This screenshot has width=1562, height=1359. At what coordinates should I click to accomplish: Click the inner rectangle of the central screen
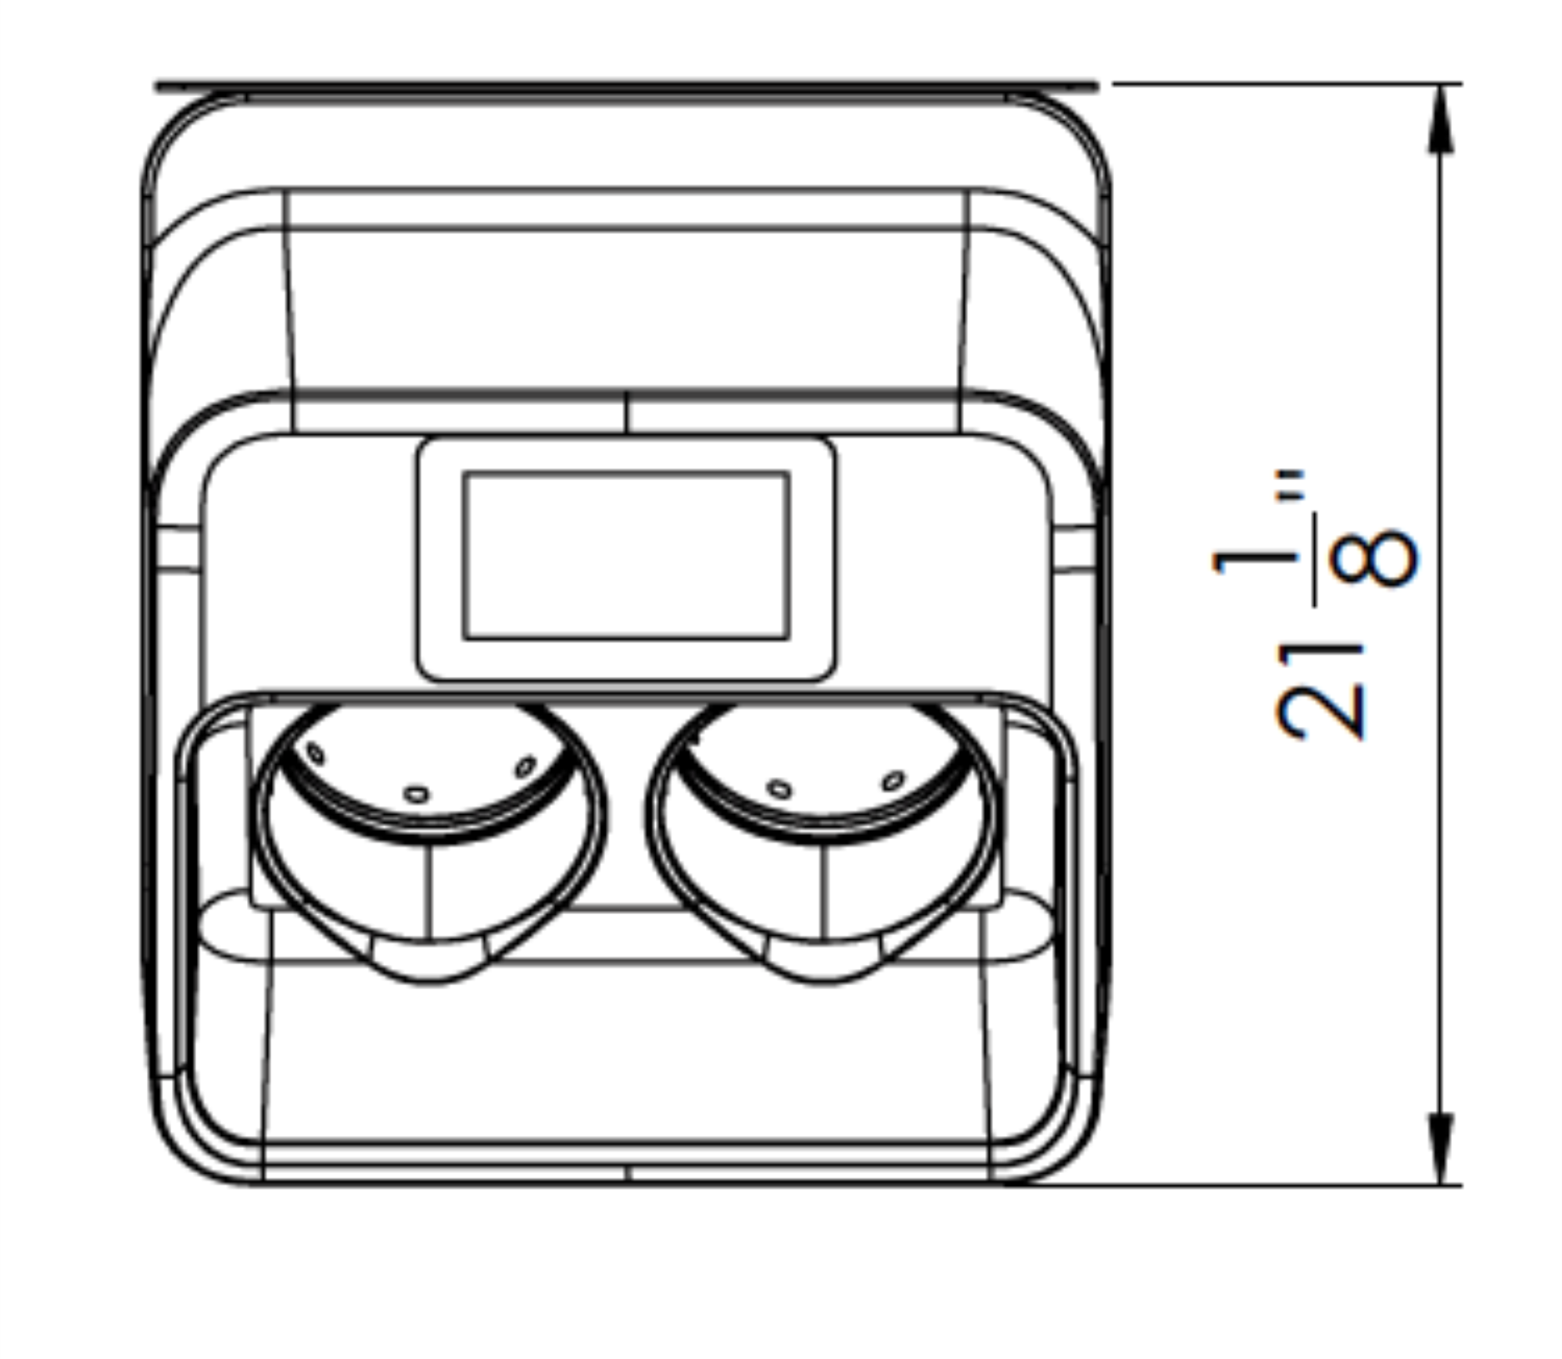click(626, 555)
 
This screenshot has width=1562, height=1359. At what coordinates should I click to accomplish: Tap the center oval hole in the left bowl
click(417, 794)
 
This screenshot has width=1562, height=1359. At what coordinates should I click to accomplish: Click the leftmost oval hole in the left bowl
click(315, 754)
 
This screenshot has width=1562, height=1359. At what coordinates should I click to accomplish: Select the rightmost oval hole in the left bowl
click(526, 766)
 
